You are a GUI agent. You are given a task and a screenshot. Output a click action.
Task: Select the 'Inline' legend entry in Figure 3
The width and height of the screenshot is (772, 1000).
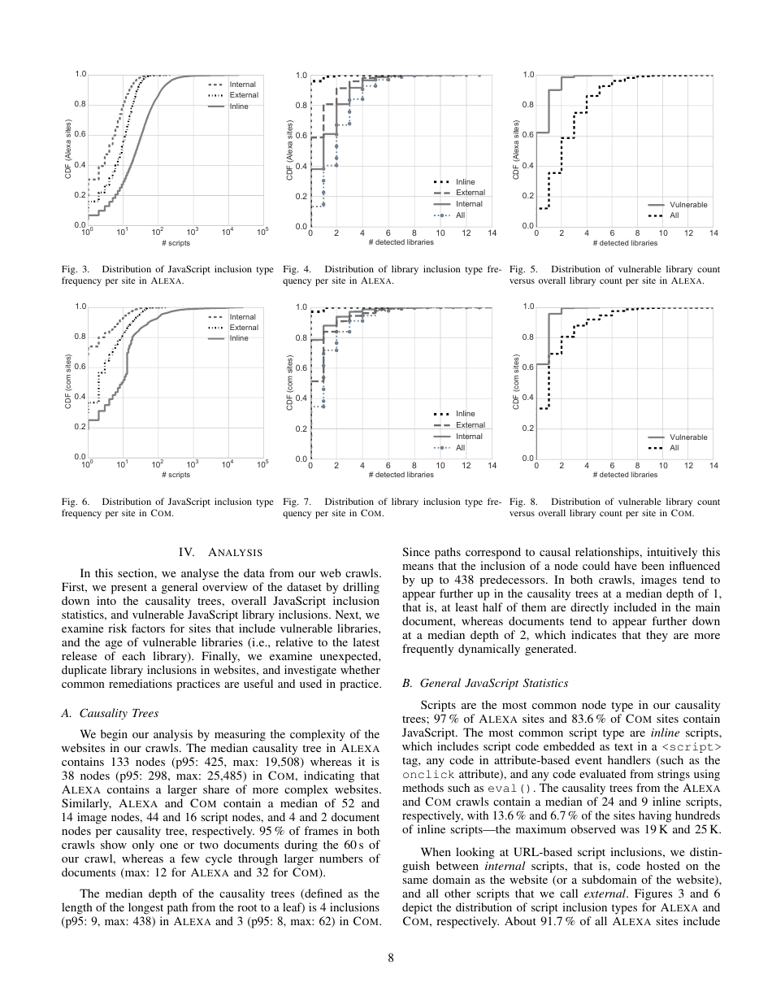tap(239, 106)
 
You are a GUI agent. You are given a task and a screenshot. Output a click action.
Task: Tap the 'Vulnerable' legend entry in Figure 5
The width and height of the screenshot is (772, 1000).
tap(687, 205)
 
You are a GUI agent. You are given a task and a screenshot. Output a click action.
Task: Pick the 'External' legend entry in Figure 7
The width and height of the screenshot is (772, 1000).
tap(470, 425)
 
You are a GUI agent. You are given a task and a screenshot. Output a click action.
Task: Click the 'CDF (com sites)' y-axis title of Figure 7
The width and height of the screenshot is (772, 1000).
tap(290, 382)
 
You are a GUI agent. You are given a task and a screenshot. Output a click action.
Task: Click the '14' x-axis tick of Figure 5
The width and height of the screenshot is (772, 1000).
tap(713, 233)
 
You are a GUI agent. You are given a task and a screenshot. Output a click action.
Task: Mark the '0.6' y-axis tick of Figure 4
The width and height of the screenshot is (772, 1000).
tap(300, 136)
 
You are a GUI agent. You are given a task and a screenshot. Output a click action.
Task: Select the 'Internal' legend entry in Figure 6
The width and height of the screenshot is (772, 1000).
tap(242, 317)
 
